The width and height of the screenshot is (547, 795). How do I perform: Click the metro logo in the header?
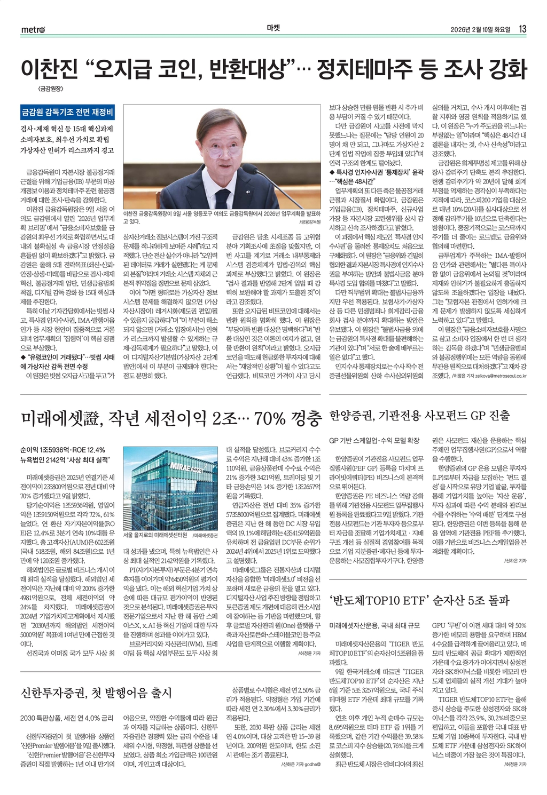pyautogui.click(x=33, y=30)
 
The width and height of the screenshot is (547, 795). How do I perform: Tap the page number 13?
pyautogui.click(x=522, y=29)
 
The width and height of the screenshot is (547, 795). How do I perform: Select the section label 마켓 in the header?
pyautogui.click(x=273, y=29)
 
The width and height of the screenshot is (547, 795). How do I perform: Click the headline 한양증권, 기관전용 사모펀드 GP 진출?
pyautogui.click(x=420, y=415)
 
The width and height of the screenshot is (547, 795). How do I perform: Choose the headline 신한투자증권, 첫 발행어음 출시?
pyautogui.click(x=96, y=693)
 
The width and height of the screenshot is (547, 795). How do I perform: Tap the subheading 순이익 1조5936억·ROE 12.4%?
pyautogui.click(x=62, y=449)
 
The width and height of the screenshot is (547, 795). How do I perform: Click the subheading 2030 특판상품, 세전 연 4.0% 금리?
pyautogui.click(x=67, y=718)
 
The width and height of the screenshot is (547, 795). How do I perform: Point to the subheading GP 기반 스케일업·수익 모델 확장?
pyautogui.click(x=374, y=441)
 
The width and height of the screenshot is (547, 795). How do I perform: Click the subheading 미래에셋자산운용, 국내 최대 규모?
pyautogui.click(x=374, y=625)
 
